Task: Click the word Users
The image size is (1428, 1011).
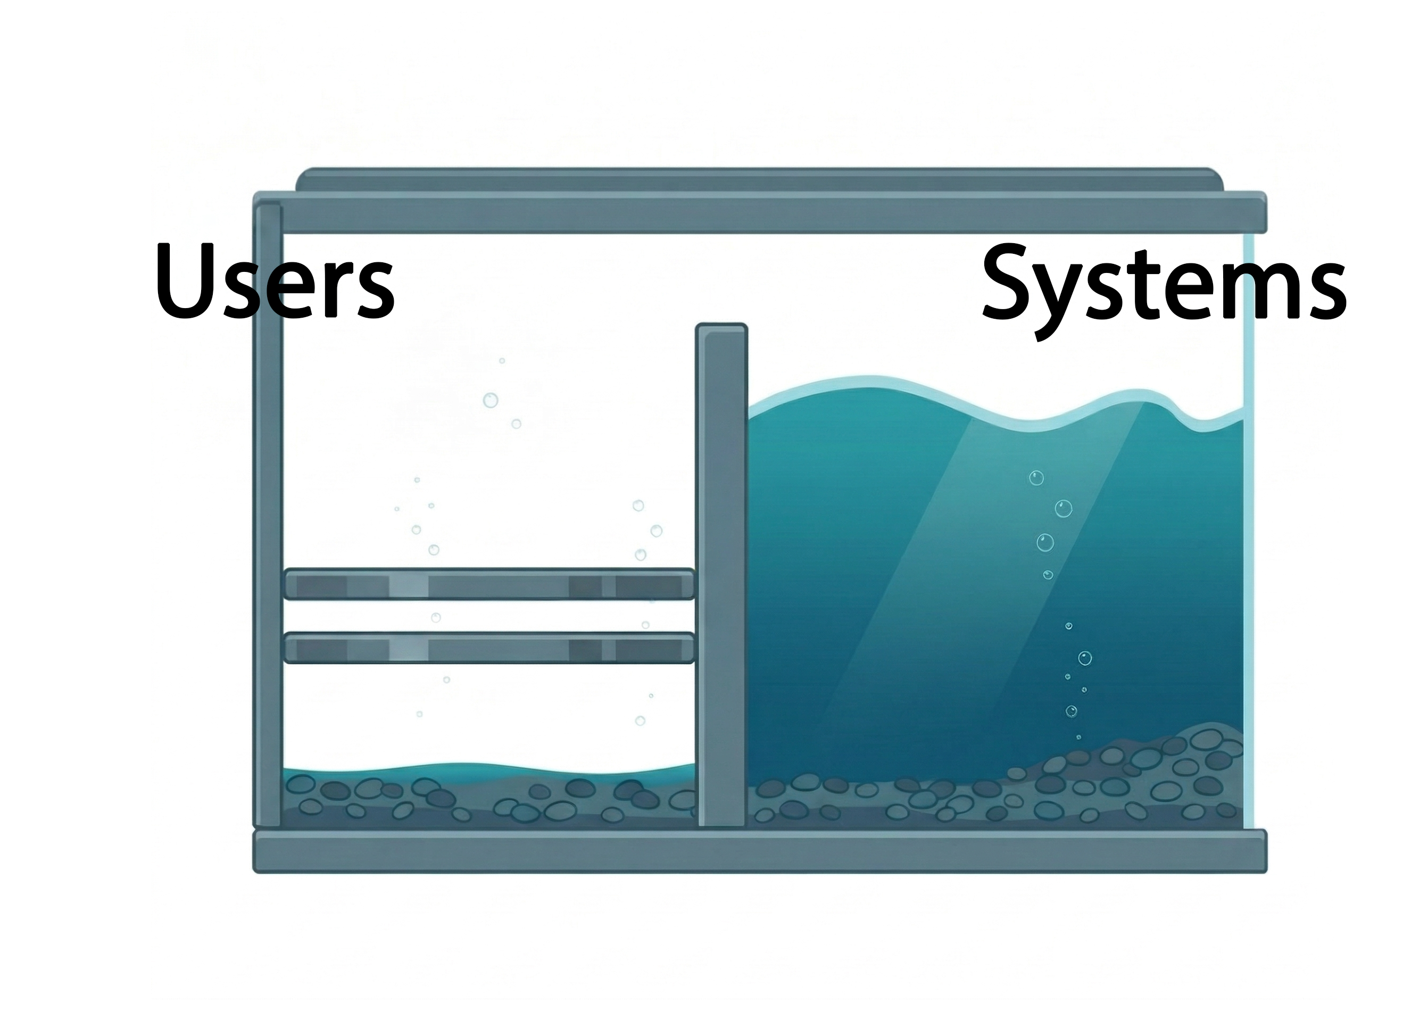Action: tap(274, 281)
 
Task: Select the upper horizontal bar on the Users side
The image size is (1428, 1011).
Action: tap(488, 584)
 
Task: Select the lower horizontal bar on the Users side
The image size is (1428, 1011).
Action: tap(488, 648)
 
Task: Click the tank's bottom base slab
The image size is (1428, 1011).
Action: tap(759, 851)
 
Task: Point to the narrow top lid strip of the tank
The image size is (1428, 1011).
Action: tap(759, 180)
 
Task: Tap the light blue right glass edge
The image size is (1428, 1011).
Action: tap(1249, 560)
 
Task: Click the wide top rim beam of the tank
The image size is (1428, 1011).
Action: tap(759, 213)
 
